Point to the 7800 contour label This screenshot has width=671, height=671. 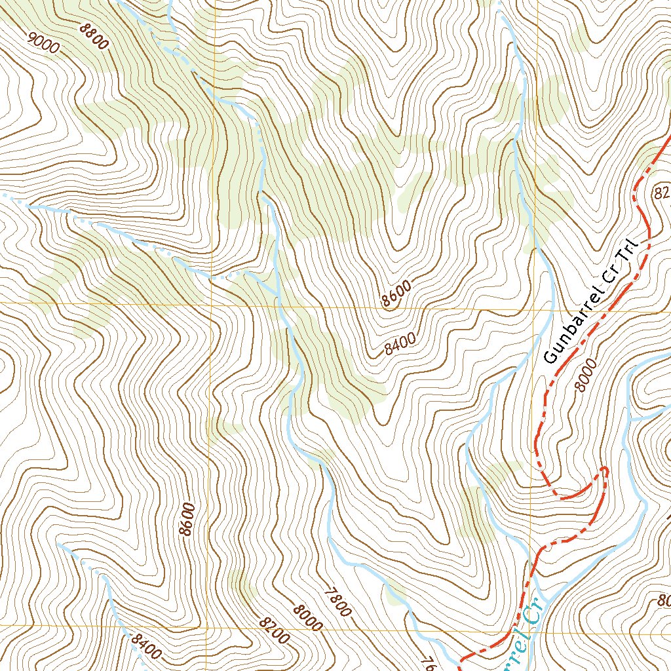(x=337, y=600)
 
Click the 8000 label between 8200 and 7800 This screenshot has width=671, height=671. (x=308, y=617)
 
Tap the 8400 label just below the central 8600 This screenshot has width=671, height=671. (x=400, y=343)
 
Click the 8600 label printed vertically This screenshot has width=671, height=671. (x=188, y=519)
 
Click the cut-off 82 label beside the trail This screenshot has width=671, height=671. (x=662, y=192)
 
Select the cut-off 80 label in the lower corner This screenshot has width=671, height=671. (x=663, y=600)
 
